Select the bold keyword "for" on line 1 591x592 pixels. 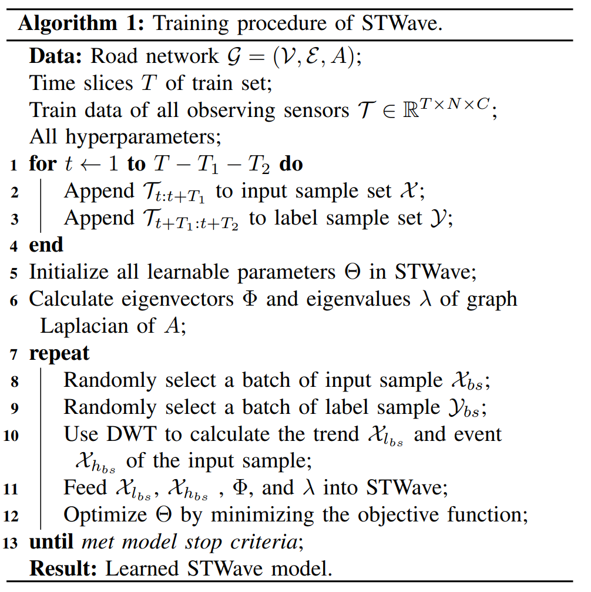click(42, 164)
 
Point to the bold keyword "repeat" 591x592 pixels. click(59, 353)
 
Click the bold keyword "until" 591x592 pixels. click(52, 542)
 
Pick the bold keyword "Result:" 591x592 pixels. click(64, 569)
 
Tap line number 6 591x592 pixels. click(14, 300)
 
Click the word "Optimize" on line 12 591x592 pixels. click(103, 515)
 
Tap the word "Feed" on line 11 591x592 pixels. click(82, 488)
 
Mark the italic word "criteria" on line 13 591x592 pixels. click(272, 542)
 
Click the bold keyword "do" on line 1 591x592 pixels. click(291, 164)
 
